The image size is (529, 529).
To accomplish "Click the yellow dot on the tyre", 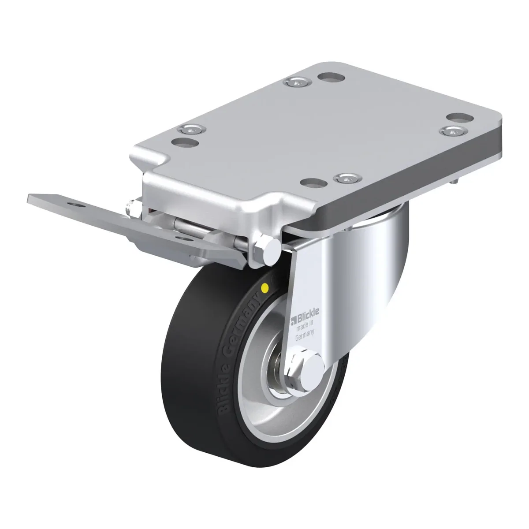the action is [x=265, y=288].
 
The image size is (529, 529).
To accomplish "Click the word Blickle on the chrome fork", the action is [x=307, y=313].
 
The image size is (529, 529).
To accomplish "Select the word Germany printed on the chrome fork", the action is [x=305, y=335].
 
